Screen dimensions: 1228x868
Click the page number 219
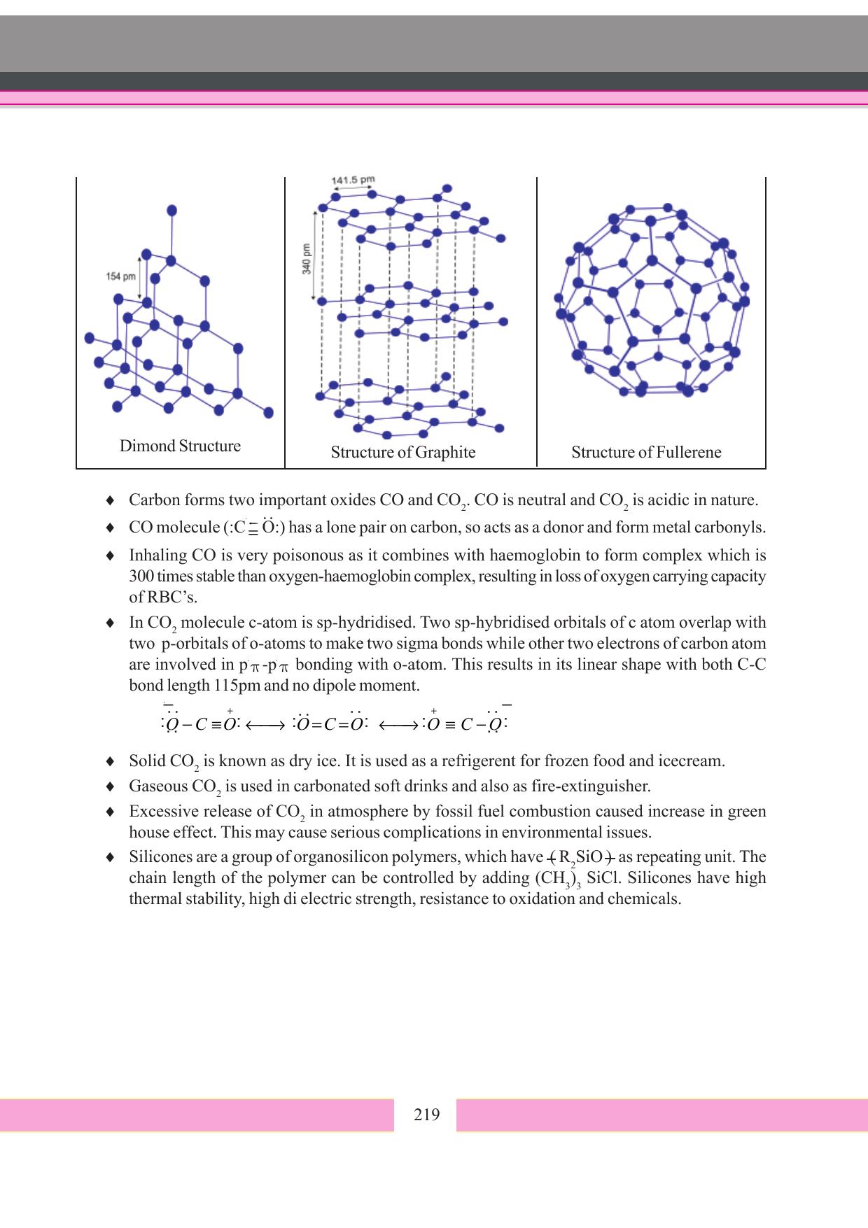click(x=426, y=1115)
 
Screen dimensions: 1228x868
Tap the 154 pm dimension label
click(x=120, y=276)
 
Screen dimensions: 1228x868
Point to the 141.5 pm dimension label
click(x=353, y=180)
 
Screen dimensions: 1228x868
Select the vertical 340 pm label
click(x=307, y=259)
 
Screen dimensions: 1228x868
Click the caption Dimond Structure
click(x=180, y=446)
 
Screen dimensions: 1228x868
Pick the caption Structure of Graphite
click(x=402, y=452)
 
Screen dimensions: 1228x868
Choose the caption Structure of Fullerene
click(x=645, y=452)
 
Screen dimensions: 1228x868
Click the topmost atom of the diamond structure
click(x=171, y=210)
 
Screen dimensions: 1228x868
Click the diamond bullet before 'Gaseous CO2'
click(x=110, y=786)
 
